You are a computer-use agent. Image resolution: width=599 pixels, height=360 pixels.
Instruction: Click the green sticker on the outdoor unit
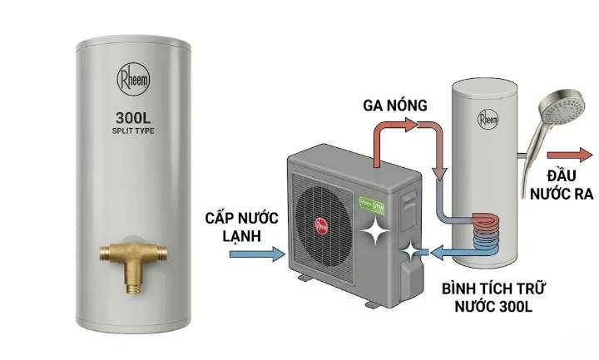[369, 200]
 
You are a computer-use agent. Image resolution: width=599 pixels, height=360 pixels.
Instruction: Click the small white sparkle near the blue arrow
[410, 249]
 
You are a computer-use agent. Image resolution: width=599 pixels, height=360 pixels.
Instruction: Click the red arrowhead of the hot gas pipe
[408, 126]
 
